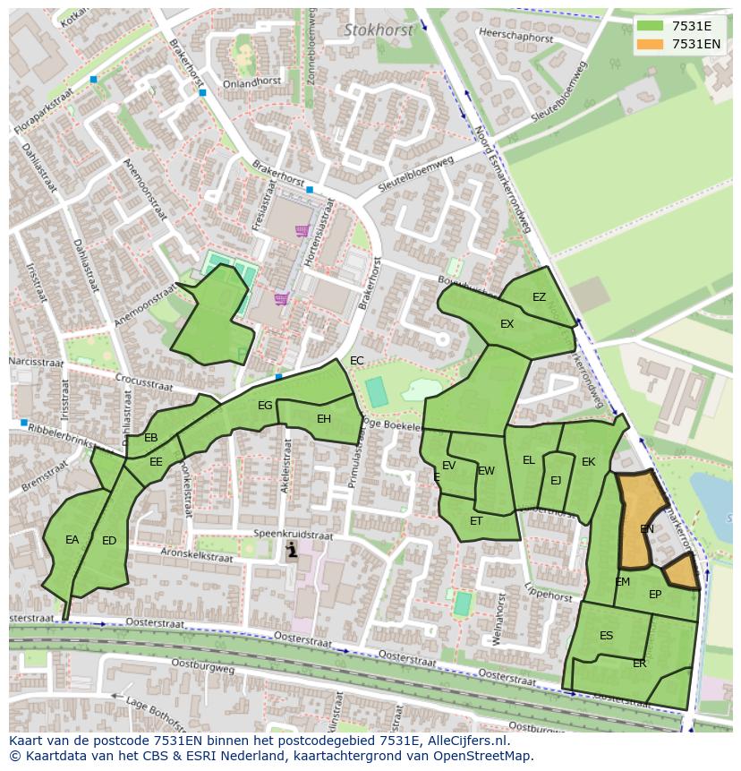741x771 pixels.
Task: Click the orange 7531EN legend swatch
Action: pyautogui.click(x=651, y=44)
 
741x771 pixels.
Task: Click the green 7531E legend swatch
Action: pyautogui.click(x=651, y=26)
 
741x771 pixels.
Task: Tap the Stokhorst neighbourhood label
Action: pyautogui.click(x=379, y=30)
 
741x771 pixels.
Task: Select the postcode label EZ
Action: pyautogui.click(x=539, y=297)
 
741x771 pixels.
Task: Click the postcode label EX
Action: pyautogui.click(x=507, y=324)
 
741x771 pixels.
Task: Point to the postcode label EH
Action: pyautogui.click(x=324, y=418)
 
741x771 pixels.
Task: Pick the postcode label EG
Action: pyautogui.click(x=265, y=406)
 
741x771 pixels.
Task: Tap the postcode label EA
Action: pyautogui.click(x=72, y=540)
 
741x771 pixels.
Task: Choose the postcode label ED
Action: pyautogui.click(x=109, y=540)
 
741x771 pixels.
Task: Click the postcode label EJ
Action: pyautogui.click(x=556, y=481)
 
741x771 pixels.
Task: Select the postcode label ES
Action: pyautogui.click(x=607, y=636)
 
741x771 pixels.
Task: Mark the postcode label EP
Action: pyautogui.click(x=655, y=595)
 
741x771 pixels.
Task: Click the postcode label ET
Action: pyautogui.click(x=476, y=521)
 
